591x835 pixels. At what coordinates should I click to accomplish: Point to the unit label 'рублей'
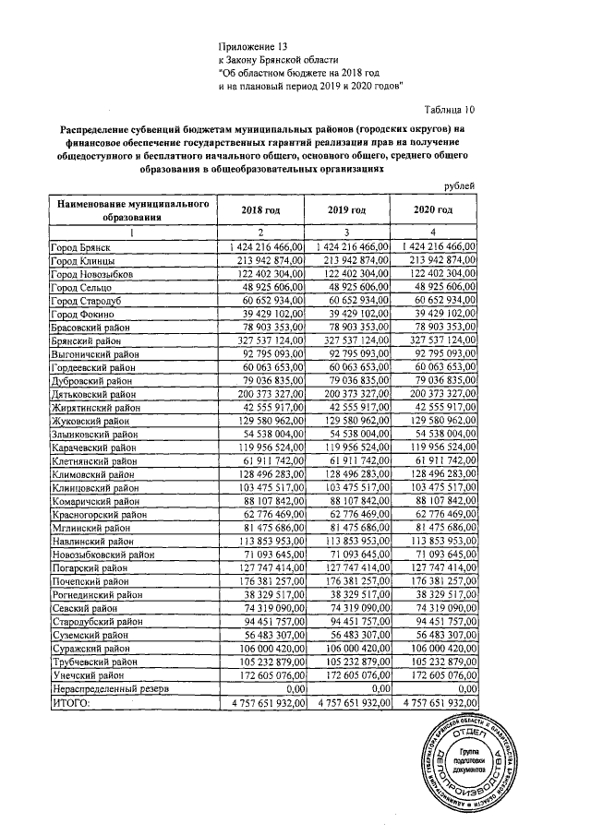(x=459, y=186)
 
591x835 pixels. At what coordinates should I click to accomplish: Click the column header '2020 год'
(x=433, y=210)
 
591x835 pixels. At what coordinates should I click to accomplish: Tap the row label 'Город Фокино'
(x=81, y=314)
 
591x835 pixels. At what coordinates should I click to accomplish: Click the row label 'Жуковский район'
(x=89, y=418)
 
